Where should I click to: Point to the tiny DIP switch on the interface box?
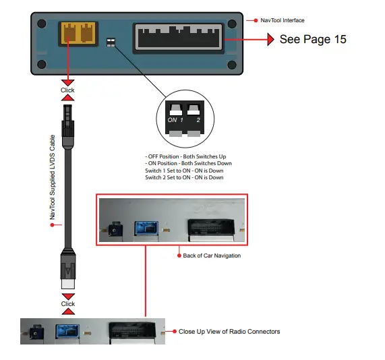coord(111,42)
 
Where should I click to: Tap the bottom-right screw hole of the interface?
coord(233,65)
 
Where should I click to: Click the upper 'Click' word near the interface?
coord(68,90)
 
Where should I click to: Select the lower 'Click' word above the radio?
coord(68,304)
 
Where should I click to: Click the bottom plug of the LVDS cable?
coord(68,270)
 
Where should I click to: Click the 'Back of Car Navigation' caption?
coord(212,256)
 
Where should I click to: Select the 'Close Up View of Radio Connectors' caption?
coord(229,331)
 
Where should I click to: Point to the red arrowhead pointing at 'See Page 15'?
coord(267,39)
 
